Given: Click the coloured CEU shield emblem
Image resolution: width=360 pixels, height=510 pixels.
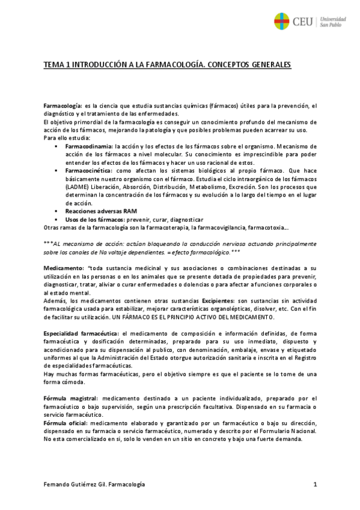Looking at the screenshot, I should [281, 22].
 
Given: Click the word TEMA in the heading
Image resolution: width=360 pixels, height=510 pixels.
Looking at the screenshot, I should [55, 64].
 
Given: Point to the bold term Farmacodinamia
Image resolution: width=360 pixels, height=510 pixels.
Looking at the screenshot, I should [88, 146].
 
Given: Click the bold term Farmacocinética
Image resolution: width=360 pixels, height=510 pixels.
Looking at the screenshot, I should [88, 171].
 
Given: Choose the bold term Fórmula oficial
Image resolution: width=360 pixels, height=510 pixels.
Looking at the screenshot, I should [66, 422].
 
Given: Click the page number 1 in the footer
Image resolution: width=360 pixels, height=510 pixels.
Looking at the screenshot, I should [314, 484].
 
